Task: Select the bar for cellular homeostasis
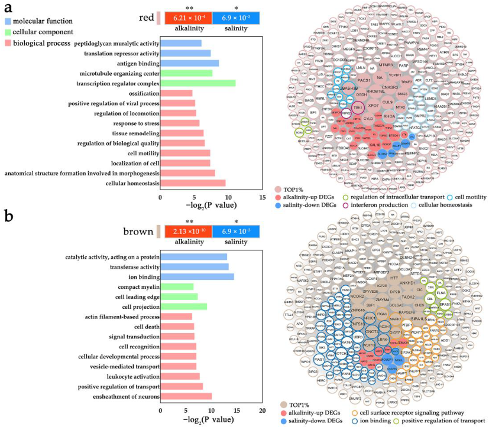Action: pos(193,183)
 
